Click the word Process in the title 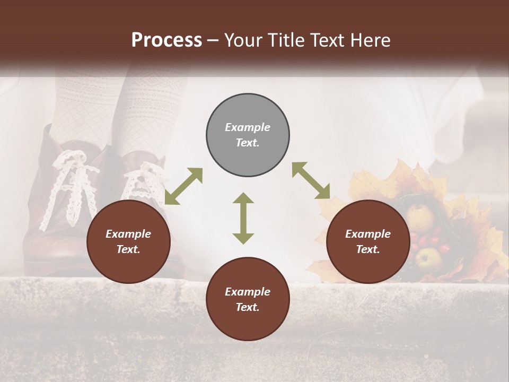[x=166, y=40]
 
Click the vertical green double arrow [x=243, y=218]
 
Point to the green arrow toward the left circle [x=183, y=186]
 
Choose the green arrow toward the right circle [x=311, y=180]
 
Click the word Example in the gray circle [x=248, y=127]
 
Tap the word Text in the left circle [x=128, y=249]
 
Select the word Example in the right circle [x=368, y=234]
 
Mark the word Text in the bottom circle [x=248, y=307]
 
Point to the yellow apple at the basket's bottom [x=428, y=258]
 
